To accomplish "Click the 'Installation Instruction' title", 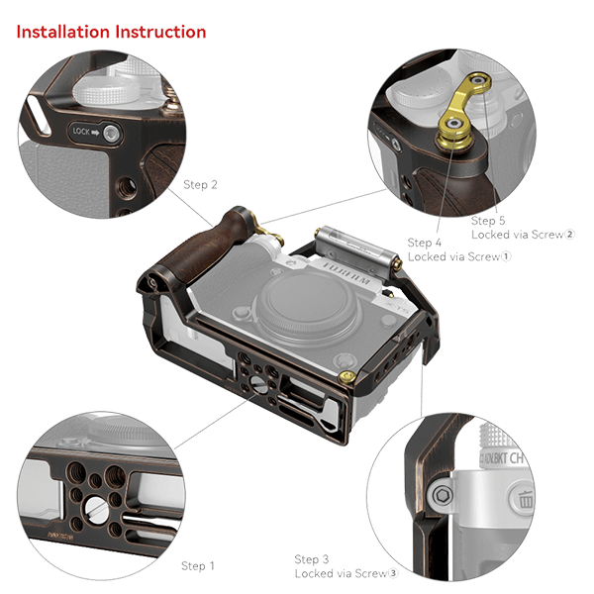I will coord(111,32).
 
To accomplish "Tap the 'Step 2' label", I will coord(200,184).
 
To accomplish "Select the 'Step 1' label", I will coord(197,565).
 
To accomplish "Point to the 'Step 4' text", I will coord(424,242).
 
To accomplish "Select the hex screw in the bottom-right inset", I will coord(443,492).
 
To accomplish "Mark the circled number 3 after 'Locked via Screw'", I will coord(393,573).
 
